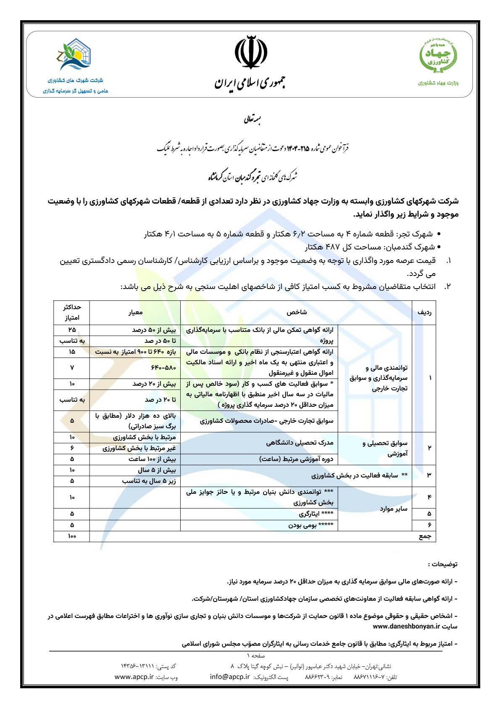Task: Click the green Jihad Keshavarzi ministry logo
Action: pyautogui.click(x=438, y=56)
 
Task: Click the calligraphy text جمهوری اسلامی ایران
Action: pyautogui.click(x=250, y=82)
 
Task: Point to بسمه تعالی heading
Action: pyautogui.click(x=253, y=120)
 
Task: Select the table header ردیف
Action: pyautogui.click(x=424, y=312)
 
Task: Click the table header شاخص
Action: pyautogui.click(x=297, y=312)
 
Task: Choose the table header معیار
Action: pyautogui.click(x=135, y=312)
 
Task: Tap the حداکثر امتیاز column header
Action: pyautogui.click(x=72, y=312)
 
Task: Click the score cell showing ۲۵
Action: pyautogui.click(x=72, y=330)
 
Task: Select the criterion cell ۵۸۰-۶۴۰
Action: pyautogui.click(x=163, y=368)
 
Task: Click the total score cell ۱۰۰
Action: pyautogui.click(x=72, y=536)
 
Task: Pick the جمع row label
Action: pyautogui.click(x=425, y=536)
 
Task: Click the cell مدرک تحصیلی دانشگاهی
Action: pyautogui.click(x=300, y=443)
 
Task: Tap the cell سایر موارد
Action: pyautogui.click(x=394, y=509)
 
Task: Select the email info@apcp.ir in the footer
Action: pyautogui.click(x=230, y=677)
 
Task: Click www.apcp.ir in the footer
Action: pyautogui.click(x=134, y=677)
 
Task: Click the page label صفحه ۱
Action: pyautogui.click(x=256, y=655)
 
